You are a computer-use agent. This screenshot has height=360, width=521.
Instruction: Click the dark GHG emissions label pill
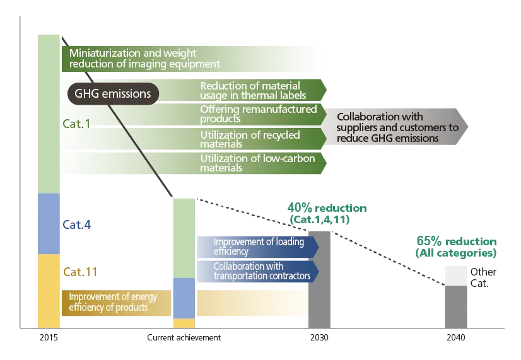(x=113, y=94)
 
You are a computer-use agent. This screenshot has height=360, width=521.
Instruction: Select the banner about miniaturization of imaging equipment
(x=192, y=59)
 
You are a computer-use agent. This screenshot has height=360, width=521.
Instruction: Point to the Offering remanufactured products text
(x=259, y=113)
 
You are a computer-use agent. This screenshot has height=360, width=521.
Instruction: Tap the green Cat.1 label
(x=76, y=123)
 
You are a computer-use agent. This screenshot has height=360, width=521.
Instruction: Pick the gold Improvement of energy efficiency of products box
(x=116, y=302)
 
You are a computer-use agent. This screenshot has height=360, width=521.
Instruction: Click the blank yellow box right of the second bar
(x=252, y=303)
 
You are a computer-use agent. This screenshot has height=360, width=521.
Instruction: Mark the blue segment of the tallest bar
(x=49, y=223)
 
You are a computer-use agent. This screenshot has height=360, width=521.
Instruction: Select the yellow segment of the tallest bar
(x=49, y=290)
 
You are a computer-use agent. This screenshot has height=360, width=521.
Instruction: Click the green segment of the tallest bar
(x=49, y=113)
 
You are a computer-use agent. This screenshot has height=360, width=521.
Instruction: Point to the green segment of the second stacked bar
(x=184, y=238)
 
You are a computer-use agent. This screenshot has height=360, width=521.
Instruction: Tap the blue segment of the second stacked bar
(x=184, y=298)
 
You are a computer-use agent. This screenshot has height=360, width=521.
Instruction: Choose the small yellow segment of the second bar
(x=184, y=323)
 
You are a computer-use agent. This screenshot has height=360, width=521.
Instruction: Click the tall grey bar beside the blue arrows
(x=319, y=281)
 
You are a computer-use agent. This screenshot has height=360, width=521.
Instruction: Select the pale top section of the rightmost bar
(x=456, y=274)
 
